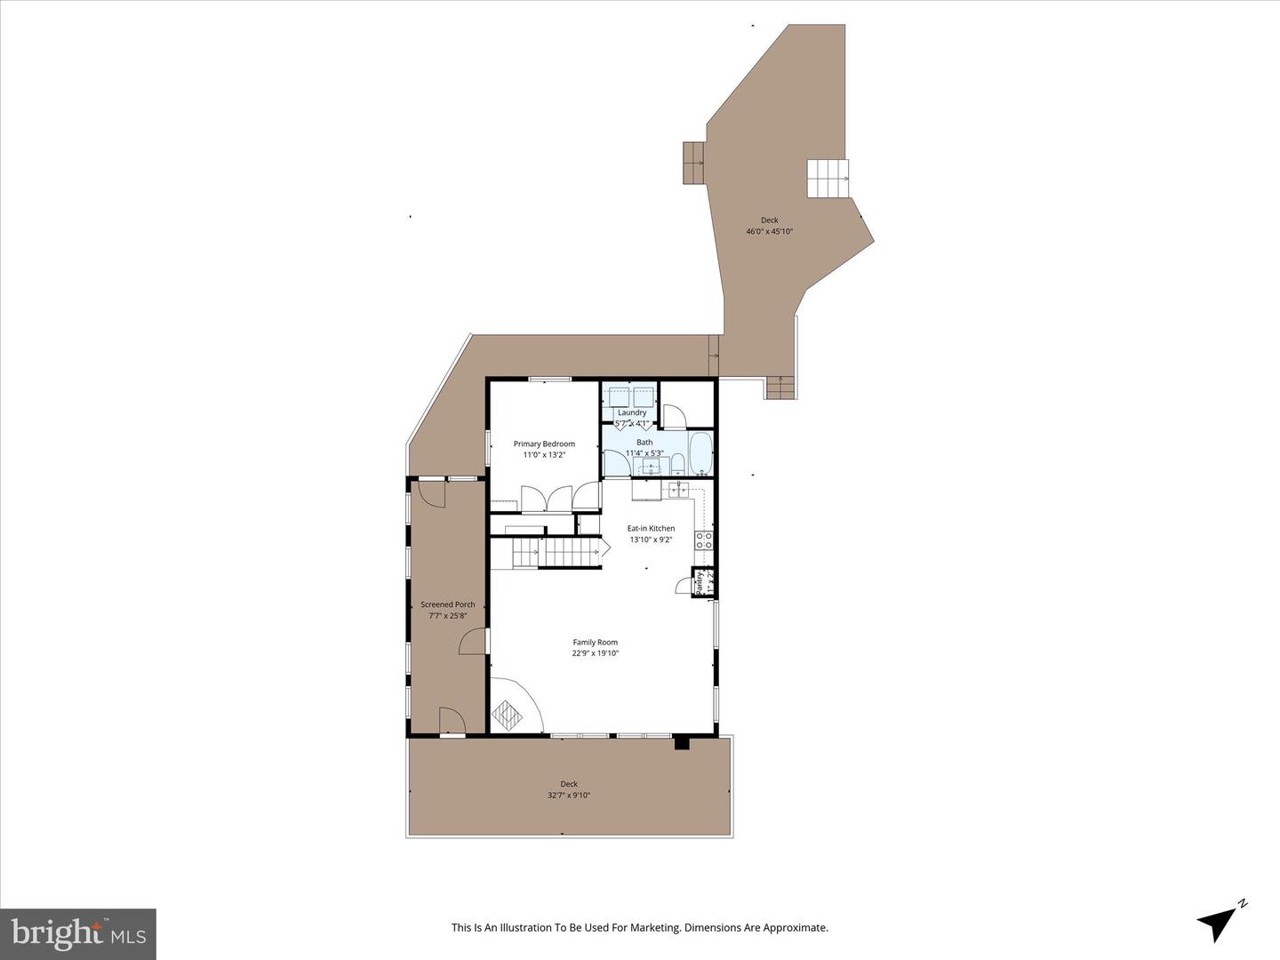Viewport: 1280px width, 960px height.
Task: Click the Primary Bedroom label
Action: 544,444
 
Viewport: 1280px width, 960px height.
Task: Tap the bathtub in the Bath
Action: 701,454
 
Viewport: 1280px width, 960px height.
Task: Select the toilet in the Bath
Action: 676,463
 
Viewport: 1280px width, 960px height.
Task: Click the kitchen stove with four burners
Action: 704,540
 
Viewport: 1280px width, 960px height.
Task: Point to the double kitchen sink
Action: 680,488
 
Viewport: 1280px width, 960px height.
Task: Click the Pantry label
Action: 700,583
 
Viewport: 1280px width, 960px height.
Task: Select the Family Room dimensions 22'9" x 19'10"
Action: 595,653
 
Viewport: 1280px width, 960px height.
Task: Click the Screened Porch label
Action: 447,604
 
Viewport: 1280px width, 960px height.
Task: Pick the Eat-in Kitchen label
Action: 651,528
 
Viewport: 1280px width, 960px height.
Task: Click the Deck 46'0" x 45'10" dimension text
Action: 769,231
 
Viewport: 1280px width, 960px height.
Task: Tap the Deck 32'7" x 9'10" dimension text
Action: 569,796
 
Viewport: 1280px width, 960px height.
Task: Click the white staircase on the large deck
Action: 828,179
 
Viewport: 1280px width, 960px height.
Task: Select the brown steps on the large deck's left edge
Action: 693,163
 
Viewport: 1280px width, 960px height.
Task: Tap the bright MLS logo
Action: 78,933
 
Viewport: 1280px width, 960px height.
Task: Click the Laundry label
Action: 632,412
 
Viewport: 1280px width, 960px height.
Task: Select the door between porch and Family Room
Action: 474,640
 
